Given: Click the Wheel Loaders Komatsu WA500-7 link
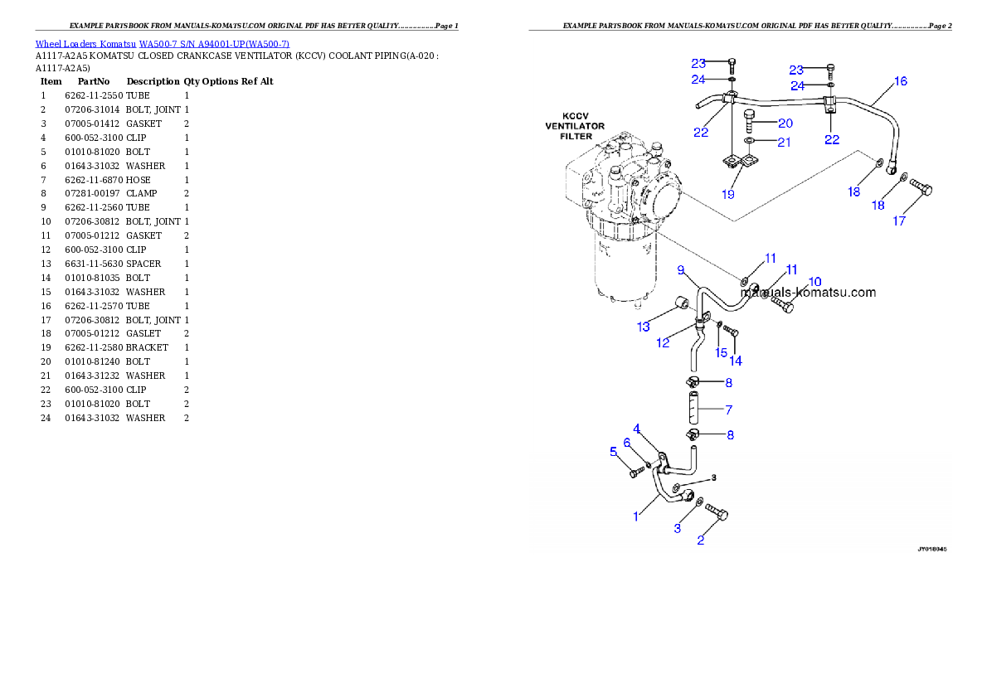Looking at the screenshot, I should pos(162,44).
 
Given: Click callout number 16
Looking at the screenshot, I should pos(900,81).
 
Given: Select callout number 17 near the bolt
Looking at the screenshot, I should pos(899,221).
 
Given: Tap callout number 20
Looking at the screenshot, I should pos(785,123).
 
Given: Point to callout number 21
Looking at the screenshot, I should pos(784,142).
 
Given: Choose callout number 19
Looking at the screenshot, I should pos(728,194).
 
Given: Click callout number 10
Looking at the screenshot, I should pos(814,282).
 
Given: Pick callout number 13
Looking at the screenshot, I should pos(644,327).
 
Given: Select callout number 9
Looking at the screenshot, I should pos(681,270).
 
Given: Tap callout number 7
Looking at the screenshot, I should pos(728,410).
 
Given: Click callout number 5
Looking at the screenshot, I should pos(614,452).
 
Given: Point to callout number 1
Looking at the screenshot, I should pos(636,516).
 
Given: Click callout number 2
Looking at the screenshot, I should pos(701,540).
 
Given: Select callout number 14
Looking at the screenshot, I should pos(736,361).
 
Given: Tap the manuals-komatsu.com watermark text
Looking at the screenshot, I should pos(808,293).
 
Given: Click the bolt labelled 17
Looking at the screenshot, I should pos(921,187).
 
